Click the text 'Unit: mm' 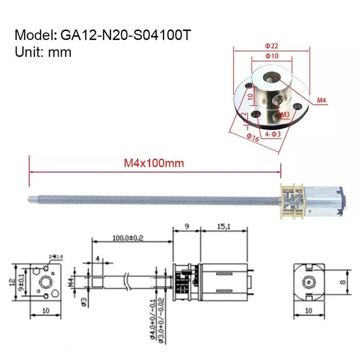[x=43, y=52]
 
